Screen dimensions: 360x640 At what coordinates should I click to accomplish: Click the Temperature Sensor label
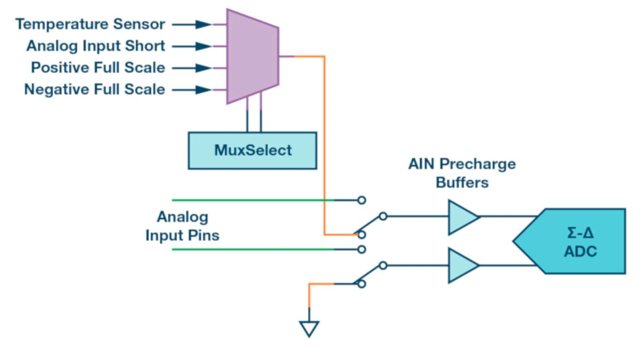(x=90, y=24)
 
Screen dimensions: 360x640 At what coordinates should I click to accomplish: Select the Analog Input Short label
(x=95, y=46)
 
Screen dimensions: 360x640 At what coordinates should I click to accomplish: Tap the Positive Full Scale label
(x=98, y=67)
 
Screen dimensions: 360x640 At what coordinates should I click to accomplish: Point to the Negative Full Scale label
(x=94, y=89)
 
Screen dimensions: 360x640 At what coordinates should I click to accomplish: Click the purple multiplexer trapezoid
(x=252, y=56)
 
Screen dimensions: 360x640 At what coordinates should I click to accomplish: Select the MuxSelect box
(x=252, y=150)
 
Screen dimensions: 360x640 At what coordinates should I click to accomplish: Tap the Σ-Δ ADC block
(x=580, y=241)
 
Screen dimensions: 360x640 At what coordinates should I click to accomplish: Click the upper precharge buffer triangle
(x=461, y=217)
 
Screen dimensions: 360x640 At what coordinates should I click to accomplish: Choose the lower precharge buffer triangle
(x=461, y=265)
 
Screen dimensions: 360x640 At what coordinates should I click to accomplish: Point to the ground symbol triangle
(x=309, y=328)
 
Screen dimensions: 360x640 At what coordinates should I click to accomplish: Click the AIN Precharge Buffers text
(x=461, y=173)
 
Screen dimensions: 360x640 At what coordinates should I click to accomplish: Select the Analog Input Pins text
(x=182, y=226)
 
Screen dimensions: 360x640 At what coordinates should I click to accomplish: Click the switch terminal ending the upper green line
(x=361, y=200)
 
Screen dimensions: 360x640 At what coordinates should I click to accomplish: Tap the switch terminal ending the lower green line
(x=361, y=249)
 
